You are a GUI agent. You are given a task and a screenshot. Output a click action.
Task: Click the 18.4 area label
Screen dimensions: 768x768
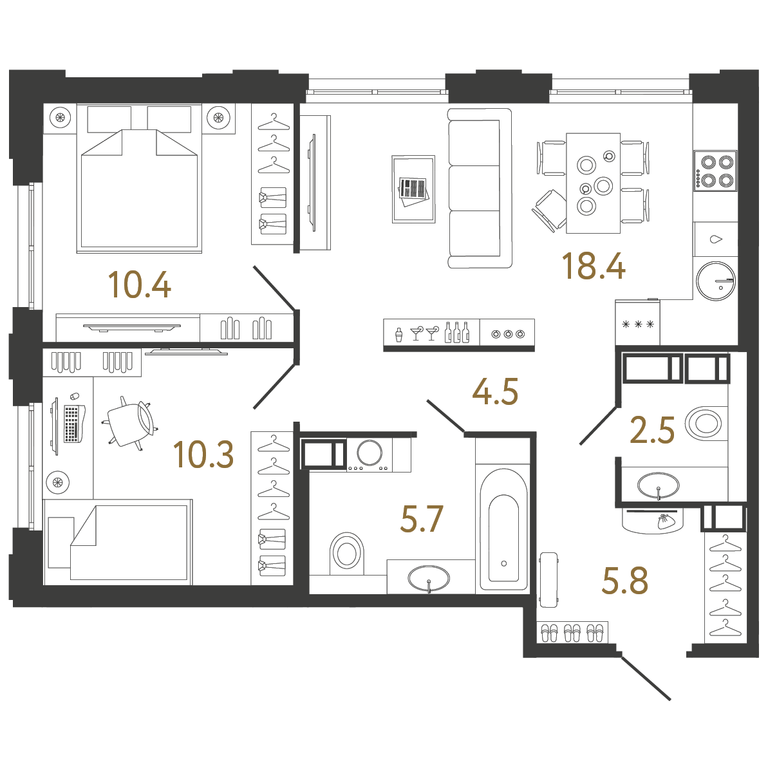pyautogui.click(x=593, y=266)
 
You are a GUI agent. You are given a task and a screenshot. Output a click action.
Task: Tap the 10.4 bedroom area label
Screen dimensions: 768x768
pyautogui.click(x=139, y=285)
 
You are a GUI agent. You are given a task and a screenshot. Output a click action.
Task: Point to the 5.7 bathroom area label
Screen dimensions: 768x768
pyautogui.click(x=422, y=518)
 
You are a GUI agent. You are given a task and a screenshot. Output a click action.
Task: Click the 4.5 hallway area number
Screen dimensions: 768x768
pyautogui.click(x=495, y=391)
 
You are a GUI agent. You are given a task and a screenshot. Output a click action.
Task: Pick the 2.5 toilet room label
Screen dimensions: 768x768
pyautogui.click(x=652, y=431)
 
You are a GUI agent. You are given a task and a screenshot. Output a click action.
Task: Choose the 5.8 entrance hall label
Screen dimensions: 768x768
pyautogui.click(x=624, y=581)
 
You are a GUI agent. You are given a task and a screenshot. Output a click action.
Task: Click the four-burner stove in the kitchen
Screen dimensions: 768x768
pyautogui.click(x=715, y=171)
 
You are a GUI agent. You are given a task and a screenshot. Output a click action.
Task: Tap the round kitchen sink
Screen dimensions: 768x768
pyautogui.click(x=715, y=281)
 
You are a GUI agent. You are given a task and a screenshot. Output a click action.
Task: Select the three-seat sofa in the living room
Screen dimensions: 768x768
pyautogui.click(x=479, y=188)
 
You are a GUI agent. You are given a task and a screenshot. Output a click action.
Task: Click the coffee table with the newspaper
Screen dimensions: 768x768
pyautogui.click(x=413, y=189)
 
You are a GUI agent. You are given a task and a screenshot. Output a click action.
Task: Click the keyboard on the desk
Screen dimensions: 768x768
pyautogui.click(x=71, y=424)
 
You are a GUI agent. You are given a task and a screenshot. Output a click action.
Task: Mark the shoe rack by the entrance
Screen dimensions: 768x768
pyautogui.click(x=572, y=633)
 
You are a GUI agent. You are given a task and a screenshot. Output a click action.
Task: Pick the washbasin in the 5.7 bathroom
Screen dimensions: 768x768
pyautogui.click(x=429, y=578)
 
